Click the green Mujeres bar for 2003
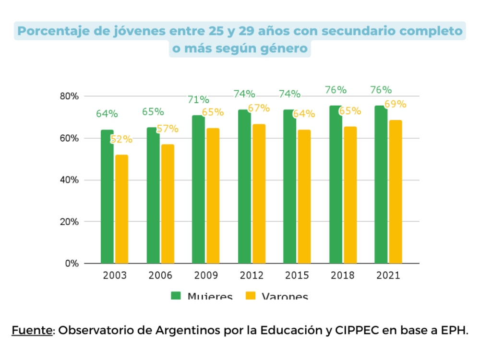click(x=107, y=197)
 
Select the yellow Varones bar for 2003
click(x=121, y=209)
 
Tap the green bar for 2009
click(x=198, y=190)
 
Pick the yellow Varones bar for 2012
click(x=259, y=194)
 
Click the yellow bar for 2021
click(x=396, y=192)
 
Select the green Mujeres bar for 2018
click(x=335, y=185)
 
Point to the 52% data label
click(x=121, y=140)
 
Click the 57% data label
click(x=168, y=129)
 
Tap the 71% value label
click(x=198, y=100)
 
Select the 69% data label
click(x=396, y=104)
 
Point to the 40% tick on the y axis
click(x=69, y=180)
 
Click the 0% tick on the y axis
click(x=72, y=264)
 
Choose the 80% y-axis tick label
click(x=69, y=96)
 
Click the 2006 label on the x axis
click(x=160, y=276)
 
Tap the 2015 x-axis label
click(x=297, y=276)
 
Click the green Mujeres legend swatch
click(x=176, y=296)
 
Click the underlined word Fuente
click(x=32, y=331)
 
